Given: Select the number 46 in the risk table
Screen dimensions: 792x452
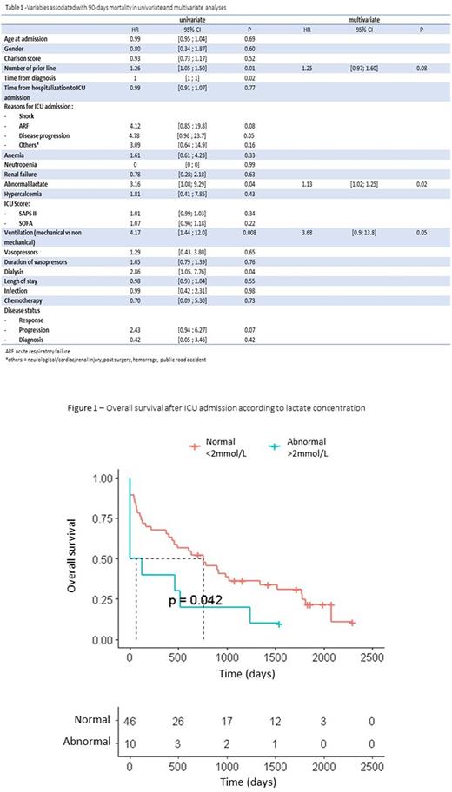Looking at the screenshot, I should coord(130,721).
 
